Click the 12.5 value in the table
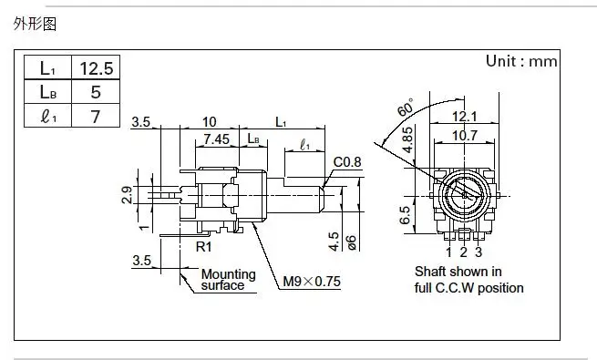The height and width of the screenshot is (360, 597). click(x=97, y=68)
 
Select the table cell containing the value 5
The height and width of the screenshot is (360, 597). click(x=96, y=92)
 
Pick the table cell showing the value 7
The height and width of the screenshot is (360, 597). click(x=96, y=116)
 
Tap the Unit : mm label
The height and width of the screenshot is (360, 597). click(x=521, y=61)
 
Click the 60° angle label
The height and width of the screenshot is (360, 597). click(x=406, y=107)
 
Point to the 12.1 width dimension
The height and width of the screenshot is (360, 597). click(x=464, y=116)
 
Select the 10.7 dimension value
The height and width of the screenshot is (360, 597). click(x=465, y=135)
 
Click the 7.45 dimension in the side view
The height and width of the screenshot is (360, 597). click(x=217, y=139)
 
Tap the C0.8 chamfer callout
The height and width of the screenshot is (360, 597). click(x=347, y=162)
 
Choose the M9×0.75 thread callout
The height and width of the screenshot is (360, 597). click(x=312, y=282)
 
